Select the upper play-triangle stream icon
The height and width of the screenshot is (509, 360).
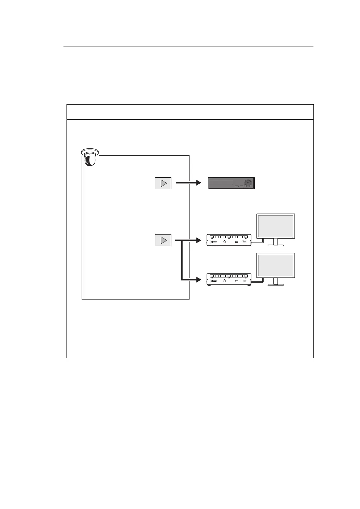[163, 183]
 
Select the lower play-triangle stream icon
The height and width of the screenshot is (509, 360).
[163, 240]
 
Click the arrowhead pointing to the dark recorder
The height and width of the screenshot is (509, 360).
[198, 183]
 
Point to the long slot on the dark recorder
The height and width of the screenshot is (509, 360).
[221, 183]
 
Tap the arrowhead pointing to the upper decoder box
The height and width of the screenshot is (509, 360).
[198, 240]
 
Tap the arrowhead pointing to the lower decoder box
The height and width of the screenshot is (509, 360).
[198, 280]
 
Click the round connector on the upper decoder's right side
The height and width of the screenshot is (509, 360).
[243, 242]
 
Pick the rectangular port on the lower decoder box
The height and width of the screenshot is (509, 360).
[237, 281]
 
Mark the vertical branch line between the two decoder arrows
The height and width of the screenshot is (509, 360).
[182, 260]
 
